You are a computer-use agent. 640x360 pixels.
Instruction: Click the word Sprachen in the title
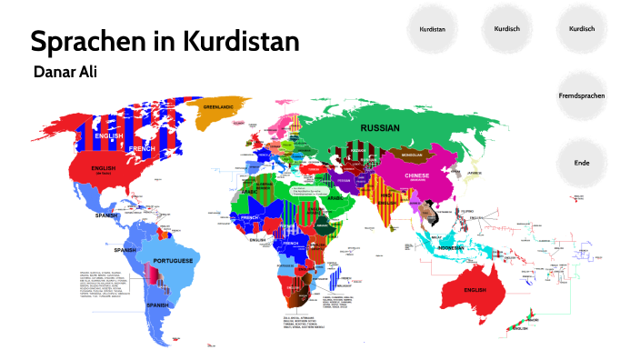85,42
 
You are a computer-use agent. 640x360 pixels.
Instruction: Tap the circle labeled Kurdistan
432,30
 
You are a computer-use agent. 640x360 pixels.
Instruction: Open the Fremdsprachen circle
582,95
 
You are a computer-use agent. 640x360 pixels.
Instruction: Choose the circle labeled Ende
582,162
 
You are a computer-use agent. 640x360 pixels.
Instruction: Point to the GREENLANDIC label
220,106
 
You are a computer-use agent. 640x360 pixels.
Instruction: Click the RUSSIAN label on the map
381,129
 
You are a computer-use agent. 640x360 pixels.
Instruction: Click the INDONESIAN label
452,248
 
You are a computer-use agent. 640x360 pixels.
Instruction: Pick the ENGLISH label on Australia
475,290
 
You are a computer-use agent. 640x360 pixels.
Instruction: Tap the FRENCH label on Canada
142,147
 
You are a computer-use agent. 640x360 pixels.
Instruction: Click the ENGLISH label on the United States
103,168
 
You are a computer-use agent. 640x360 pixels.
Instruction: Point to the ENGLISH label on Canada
109,135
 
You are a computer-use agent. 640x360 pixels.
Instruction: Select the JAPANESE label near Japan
474,173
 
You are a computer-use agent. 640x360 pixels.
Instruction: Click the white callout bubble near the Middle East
306,192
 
